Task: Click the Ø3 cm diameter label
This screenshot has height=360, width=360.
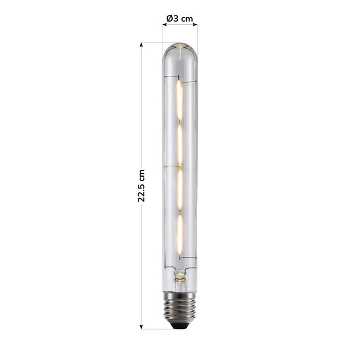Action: tap(179, 19)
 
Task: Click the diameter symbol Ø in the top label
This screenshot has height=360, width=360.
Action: tap(168, 19)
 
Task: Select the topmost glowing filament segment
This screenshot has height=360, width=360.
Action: tap(179, 100)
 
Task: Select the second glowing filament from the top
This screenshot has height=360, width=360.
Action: tap(179, 143)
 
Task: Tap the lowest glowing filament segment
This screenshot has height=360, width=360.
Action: tap(179, 233)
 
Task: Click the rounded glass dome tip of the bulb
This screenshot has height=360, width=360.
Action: tap(179, 47)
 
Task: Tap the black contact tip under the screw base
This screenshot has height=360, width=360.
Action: tap(179, 326)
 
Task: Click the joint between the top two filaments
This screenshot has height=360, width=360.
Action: tap(179, 121)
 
